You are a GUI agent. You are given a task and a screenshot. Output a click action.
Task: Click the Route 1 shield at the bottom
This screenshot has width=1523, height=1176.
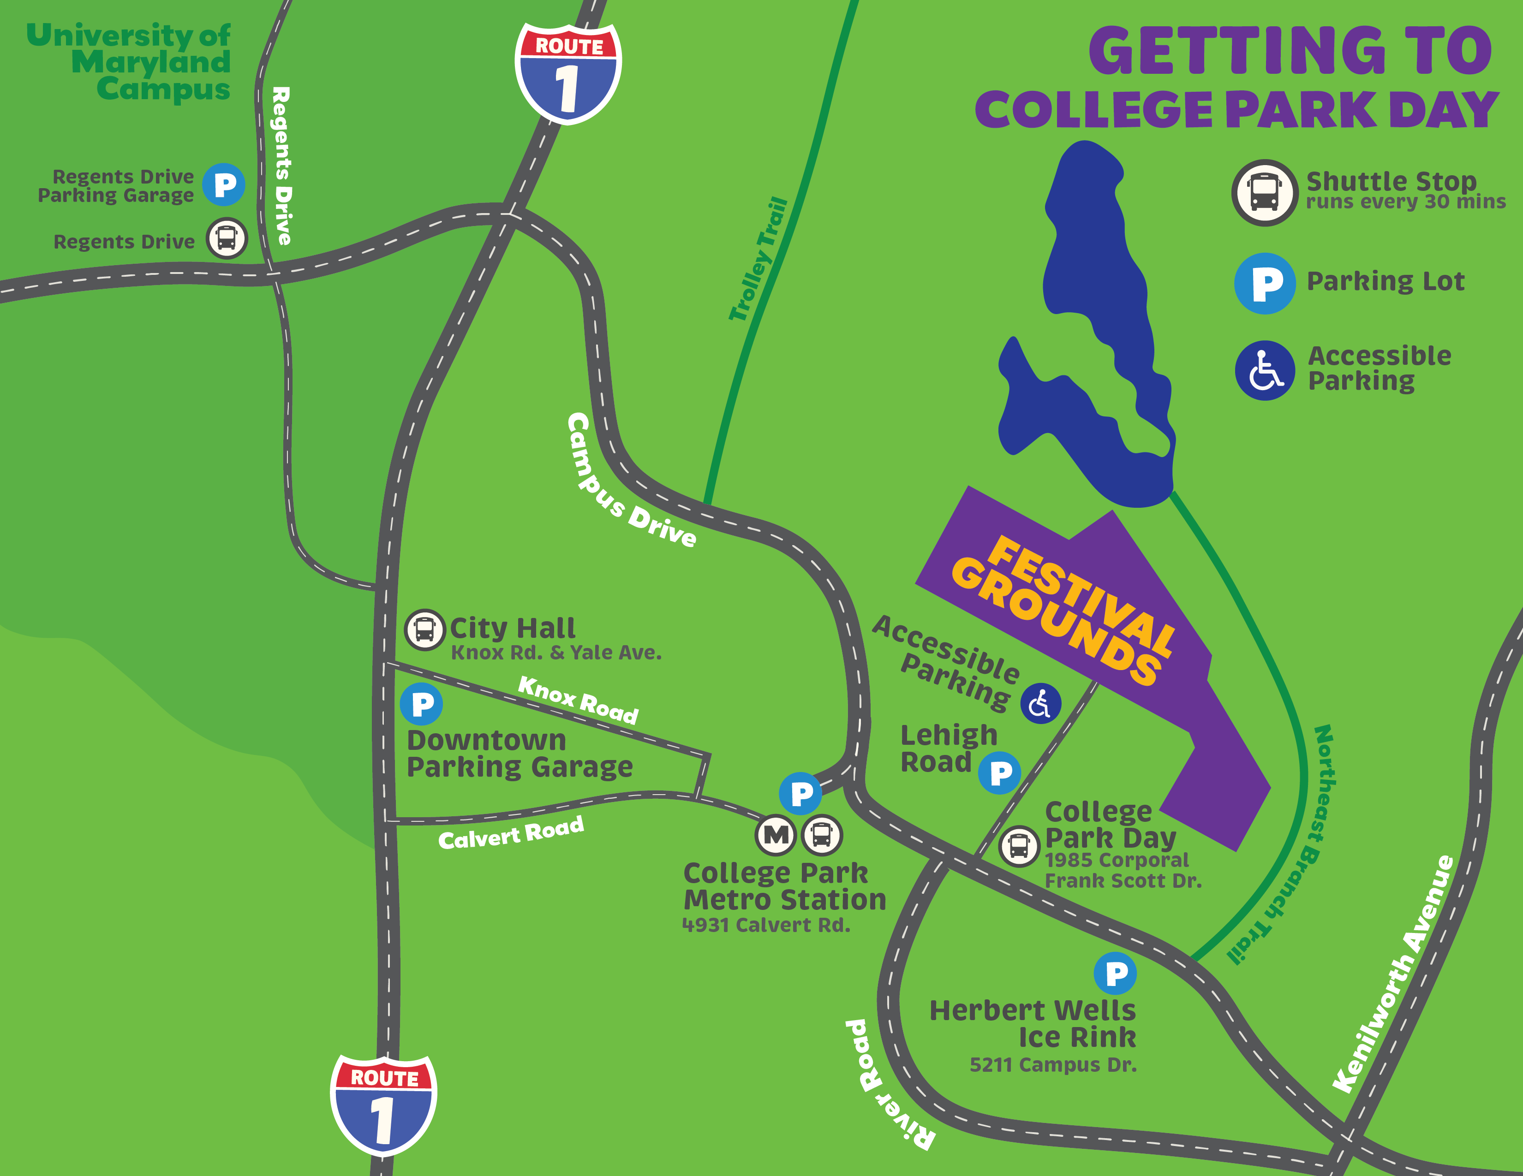[383, 1104]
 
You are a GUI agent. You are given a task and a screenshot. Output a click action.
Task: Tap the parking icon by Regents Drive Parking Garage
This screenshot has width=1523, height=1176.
[224, 185]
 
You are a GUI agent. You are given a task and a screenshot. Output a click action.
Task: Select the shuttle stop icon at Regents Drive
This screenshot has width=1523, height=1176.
[227, 238]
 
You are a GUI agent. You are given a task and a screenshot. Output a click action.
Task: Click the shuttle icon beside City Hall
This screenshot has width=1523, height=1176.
[424, 630]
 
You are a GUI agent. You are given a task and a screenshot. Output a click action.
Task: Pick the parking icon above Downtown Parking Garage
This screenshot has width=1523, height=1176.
[421, 704]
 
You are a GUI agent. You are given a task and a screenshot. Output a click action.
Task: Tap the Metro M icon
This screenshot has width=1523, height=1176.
[776, 834]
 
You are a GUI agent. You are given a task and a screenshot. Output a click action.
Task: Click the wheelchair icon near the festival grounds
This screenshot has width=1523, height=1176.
[1040, 703]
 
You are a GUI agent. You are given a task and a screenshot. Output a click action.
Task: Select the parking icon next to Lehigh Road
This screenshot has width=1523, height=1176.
[1000, 772]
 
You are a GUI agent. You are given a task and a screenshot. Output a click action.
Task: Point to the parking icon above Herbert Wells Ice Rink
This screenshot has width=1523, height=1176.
[1115, 973]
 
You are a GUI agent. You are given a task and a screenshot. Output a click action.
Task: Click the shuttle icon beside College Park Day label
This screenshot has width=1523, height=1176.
[1019, 846]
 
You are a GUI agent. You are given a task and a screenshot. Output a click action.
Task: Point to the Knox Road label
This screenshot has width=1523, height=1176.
[578, 700]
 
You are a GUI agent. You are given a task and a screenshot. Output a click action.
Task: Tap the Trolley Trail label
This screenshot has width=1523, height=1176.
[758, 259]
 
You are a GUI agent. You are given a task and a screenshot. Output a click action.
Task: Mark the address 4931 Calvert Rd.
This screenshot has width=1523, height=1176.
[766, 925]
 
